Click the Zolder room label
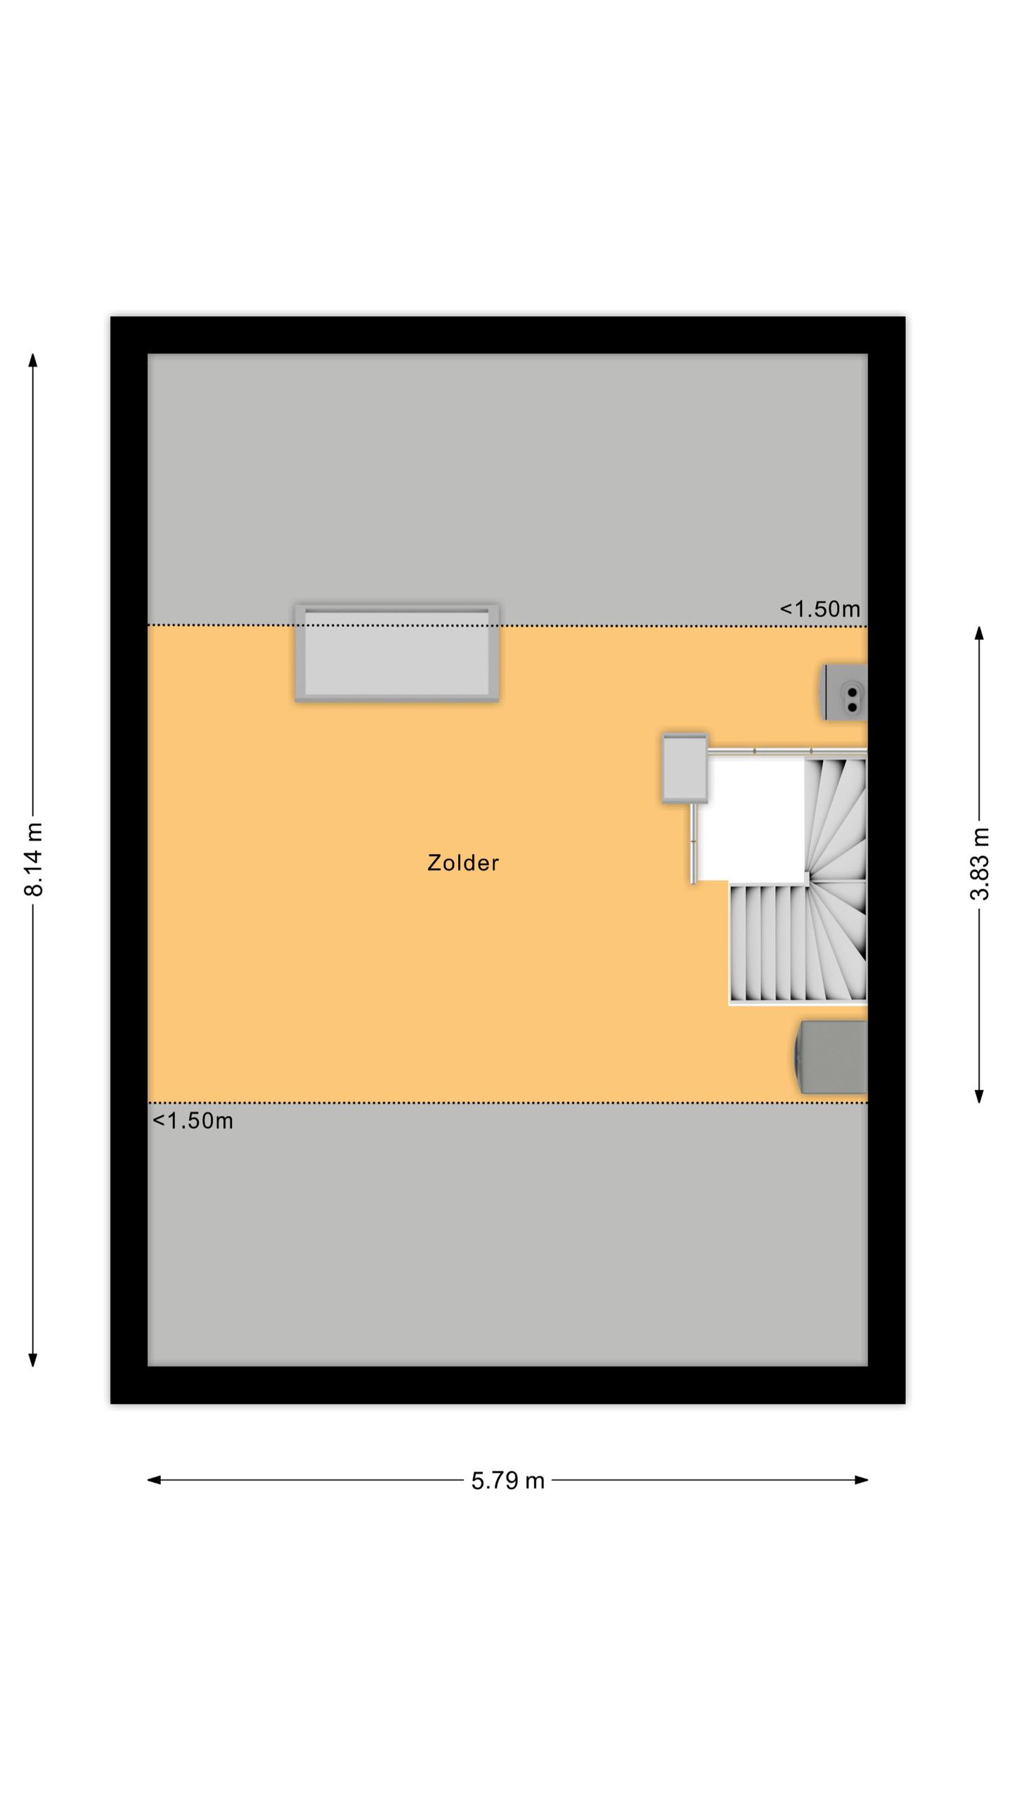click(x=462, y=863)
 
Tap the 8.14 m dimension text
click(x=34, y=859)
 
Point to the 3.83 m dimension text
click(x=980, y=864)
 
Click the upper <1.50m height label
click(x=819, y=609)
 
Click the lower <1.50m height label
click(x=193, y=1121)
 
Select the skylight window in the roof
click(x=397, y=653)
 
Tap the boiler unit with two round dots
click(x=845, y=693)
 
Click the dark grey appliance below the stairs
click(x=832, y=1057)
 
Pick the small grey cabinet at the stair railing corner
click(x=685, y=768)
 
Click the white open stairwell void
click(x=755, y=819)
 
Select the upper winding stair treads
click(x=836, y=815)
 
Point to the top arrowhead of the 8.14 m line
click(x=32, y=360)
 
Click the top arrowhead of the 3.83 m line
click(x=979, y=632)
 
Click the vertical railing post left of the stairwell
click(x=694, y=843)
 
